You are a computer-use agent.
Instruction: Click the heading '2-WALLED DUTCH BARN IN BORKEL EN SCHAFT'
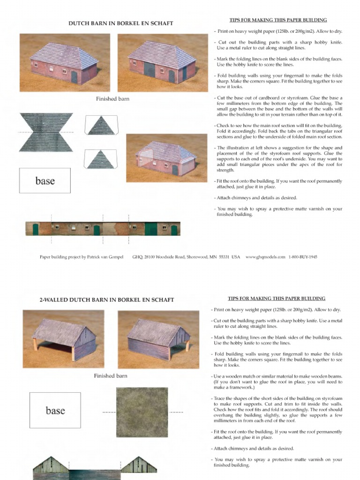(x=107, y=300)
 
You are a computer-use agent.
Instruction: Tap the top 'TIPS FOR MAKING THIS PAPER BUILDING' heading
(x=278, y=20)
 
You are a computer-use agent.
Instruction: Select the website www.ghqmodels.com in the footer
(x=265, y=257)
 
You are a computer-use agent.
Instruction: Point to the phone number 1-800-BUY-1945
(x=303, y=257)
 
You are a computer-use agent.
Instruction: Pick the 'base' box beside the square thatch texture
(x=55, y=411)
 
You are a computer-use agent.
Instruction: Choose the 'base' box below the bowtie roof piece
(x=45, y=181)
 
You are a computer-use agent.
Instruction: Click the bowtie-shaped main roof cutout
(x=45, y=132)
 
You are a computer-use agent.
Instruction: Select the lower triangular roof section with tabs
(x=100, y=159)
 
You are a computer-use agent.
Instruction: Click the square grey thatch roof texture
(x=142, y=412)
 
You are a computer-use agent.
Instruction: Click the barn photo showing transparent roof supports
(x=166, y=157)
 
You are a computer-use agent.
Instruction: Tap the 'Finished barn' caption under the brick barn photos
(x=112, y=99)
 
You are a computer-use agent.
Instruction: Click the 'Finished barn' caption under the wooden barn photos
(x=111, y=375)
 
